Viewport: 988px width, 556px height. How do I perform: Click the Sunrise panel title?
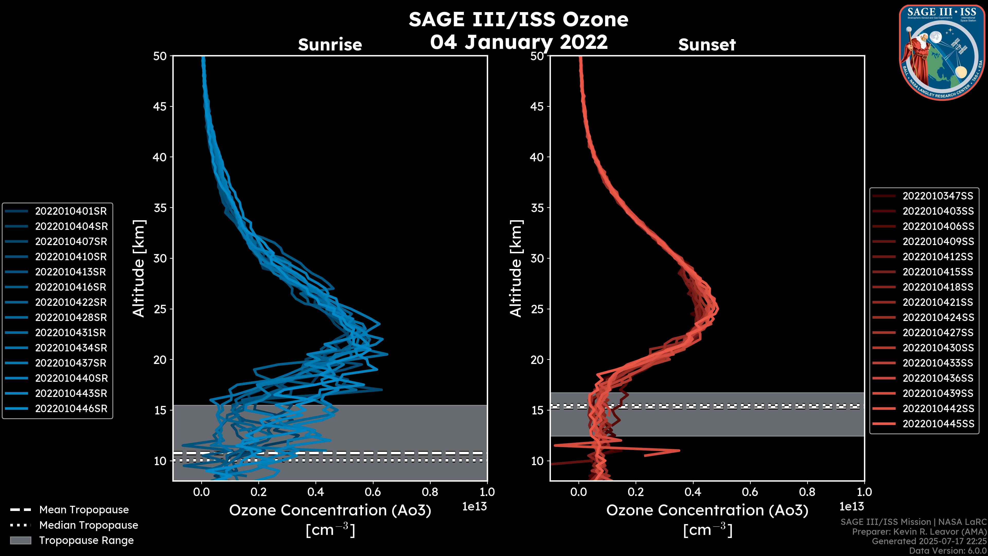point(330,45)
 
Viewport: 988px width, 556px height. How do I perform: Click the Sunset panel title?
point(707,45)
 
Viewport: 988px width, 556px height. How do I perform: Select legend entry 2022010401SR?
point(71,211)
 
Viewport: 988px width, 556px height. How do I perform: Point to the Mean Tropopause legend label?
point(84,510)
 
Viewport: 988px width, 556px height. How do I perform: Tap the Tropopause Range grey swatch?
point(20,540)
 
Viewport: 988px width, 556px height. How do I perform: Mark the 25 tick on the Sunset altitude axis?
point(537,309)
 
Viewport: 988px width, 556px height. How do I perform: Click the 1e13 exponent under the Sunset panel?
point(851,507)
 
